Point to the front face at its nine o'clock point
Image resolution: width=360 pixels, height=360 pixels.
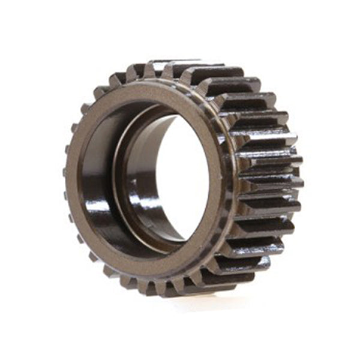74,174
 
